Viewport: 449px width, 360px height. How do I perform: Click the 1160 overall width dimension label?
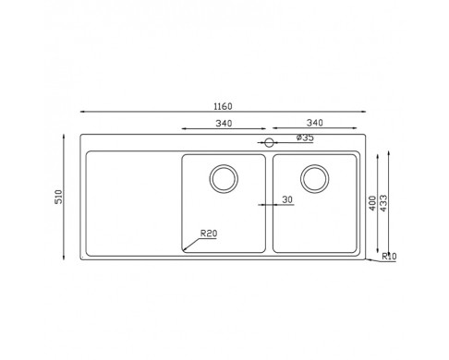[223, 106]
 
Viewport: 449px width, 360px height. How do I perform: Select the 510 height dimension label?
[58, 197]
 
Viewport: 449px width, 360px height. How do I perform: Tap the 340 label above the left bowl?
[224, 124]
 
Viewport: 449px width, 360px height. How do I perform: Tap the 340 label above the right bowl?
[315, 123]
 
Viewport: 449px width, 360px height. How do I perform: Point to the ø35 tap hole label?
[305, 138]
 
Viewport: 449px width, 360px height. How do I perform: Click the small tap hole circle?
[269, 142]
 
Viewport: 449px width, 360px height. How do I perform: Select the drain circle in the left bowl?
[224, 179]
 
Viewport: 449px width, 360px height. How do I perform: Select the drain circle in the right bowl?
[315, 179]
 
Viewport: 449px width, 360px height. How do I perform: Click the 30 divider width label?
[287, 199]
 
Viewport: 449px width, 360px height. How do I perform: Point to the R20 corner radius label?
[209, 234]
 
